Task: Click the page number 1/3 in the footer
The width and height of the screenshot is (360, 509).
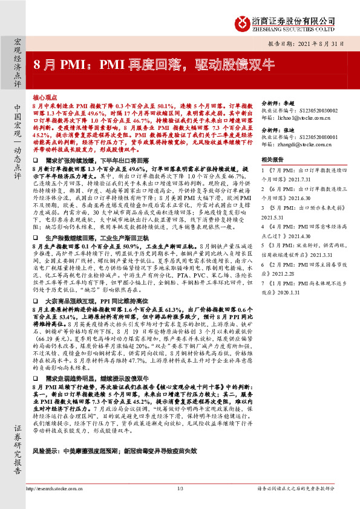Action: coord(180,488)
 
